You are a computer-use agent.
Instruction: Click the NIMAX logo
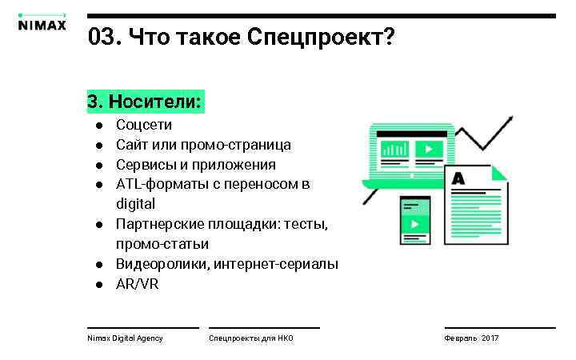tap(42, 23)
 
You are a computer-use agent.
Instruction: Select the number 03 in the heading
tap(101, 37)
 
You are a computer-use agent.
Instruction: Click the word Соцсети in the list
tap(144, 125)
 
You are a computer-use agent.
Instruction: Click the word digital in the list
tap(135, 204)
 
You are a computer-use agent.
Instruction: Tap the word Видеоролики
tap(162, 264)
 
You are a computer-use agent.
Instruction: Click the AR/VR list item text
tap(138, 284)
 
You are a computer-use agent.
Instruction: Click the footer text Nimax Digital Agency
tap(125, 338)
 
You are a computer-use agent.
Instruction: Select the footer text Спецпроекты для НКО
tap(251, 338)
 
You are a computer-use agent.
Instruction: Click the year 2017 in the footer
tap(490, 338)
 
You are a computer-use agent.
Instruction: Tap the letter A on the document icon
tap(458, 178)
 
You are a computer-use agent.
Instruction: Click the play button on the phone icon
tap(414, 224)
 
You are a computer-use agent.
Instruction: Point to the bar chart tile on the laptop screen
tap(394, 149)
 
